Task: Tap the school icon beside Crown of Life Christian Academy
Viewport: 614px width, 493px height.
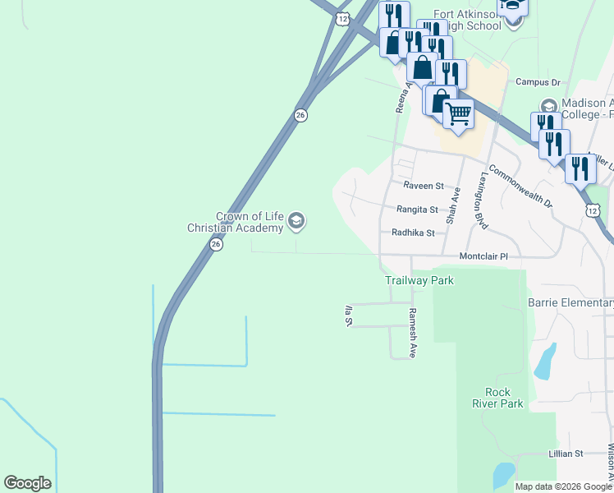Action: pyautogui.click(x=296, y=221)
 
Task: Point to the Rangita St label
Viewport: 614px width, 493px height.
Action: pyautogui.click(x=419, y=210)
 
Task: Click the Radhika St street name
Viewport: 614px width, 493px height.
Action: pyautogui.click(x=417, y=233)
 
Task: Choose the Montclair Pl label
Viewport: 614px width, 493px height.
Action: pyautogui.click(x=483, y=256)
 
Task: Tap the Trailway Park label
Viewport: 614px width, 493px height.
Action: pyautogui.click(x=419, y=280)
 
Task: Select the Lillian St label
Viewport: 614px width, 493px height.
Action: pyautogui.click(x=566, y=453)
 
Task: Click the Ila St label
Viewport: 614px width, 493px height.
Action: pyautogui.click(x=348, y=316)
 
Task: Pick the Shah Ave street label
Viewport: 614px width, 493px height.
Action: pyautogui.click(x=452, y=205)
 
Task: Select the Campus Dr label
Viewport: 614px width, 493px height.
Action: pyautogui.click(x=537, y=82)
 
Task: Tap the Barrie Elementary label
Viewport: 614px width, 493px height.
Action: pyautogui.click(x=570, y=302)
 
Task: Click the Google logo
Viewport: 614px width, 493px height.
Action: pyautogui.click(x=27, y=483)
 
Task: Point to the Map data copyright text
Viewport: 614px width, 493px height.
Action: pyautogui.click(x=563, y=486)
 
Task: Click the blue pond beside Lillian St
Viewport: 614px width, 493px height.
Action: pyautogui.click(x=502, y=474)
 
